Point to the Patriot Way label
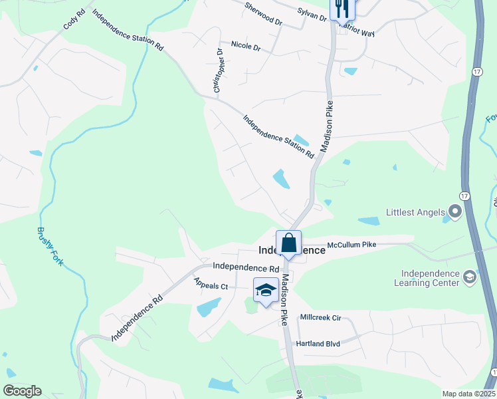click(357, 31)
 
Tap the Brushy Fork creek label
click(50, 247)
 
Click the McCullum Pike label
click(351, 245)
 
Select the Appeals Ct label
click(211, 286)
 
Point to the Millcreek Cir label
click(320, 318)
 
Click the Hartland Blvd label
click(320, 343)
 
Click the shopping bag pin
click(289, 243)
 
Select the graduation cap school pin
click(266, 290)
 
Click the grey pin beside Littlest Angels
click(455, 213)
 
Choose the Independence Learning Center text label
click(431, 278)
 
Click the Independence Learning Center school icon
click(469, 276)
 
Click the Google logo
click(22, 391)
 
